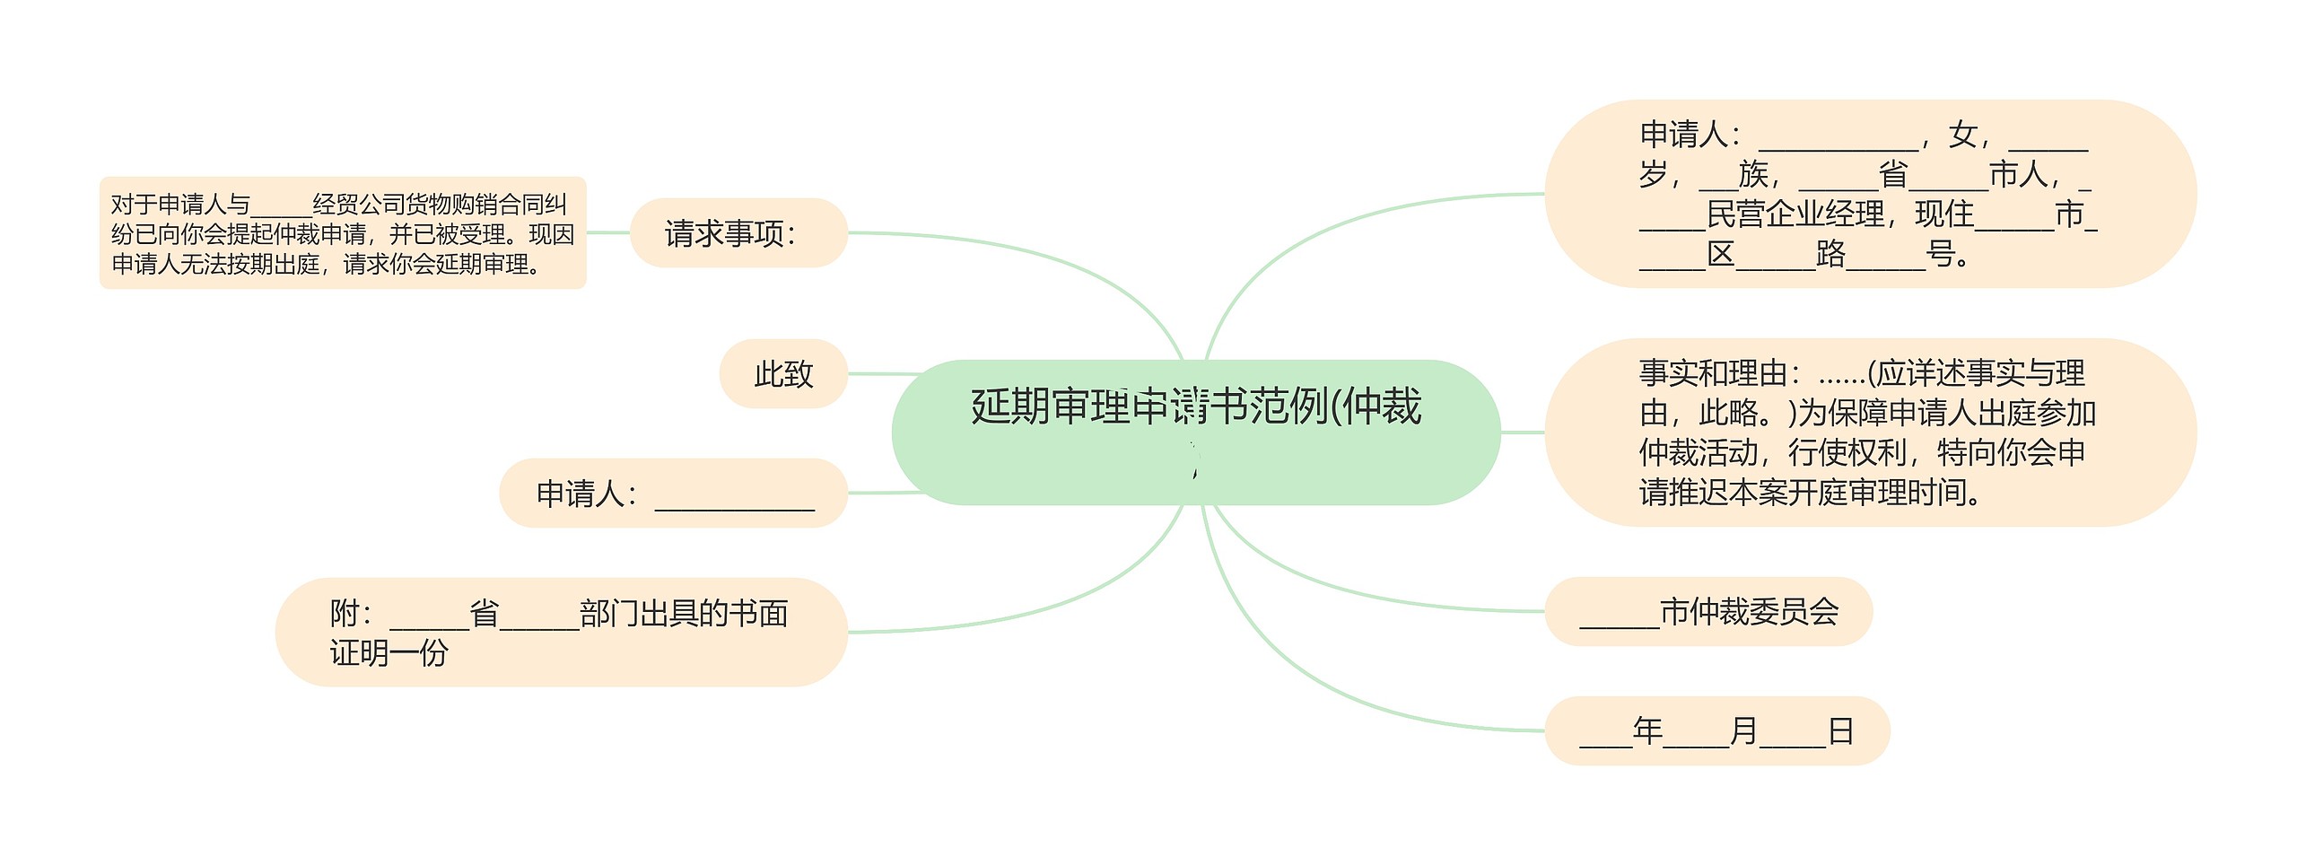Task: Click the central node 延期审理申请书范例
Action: (1195, 431)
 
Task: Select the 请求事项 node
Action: (738, 233)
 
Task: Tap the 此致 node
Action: (783, 373)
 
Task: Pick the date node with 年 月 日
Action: (1716, 730)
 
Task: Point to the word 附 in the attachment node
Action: (345, 614)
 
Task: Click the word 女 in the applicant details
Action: (1962, 135)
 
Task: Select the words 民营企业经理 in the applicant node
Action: (1795, 214)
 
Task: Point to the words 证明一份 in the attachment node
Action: (389, 653)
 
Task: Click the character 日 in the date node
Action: (1840, 730)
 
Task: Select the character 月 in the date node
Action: (1742, 730)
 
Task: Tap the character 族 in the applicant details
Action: (1752, 174)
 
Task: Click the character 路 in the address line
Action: (1830, 254)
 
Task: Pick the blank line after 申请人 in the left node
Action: (735, 496)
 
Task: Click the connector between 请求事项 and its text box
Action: (607, 232)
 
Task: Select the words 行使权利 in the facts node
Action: (1847, 452)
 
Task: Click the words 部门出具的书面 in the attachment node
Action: (684, 614)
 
